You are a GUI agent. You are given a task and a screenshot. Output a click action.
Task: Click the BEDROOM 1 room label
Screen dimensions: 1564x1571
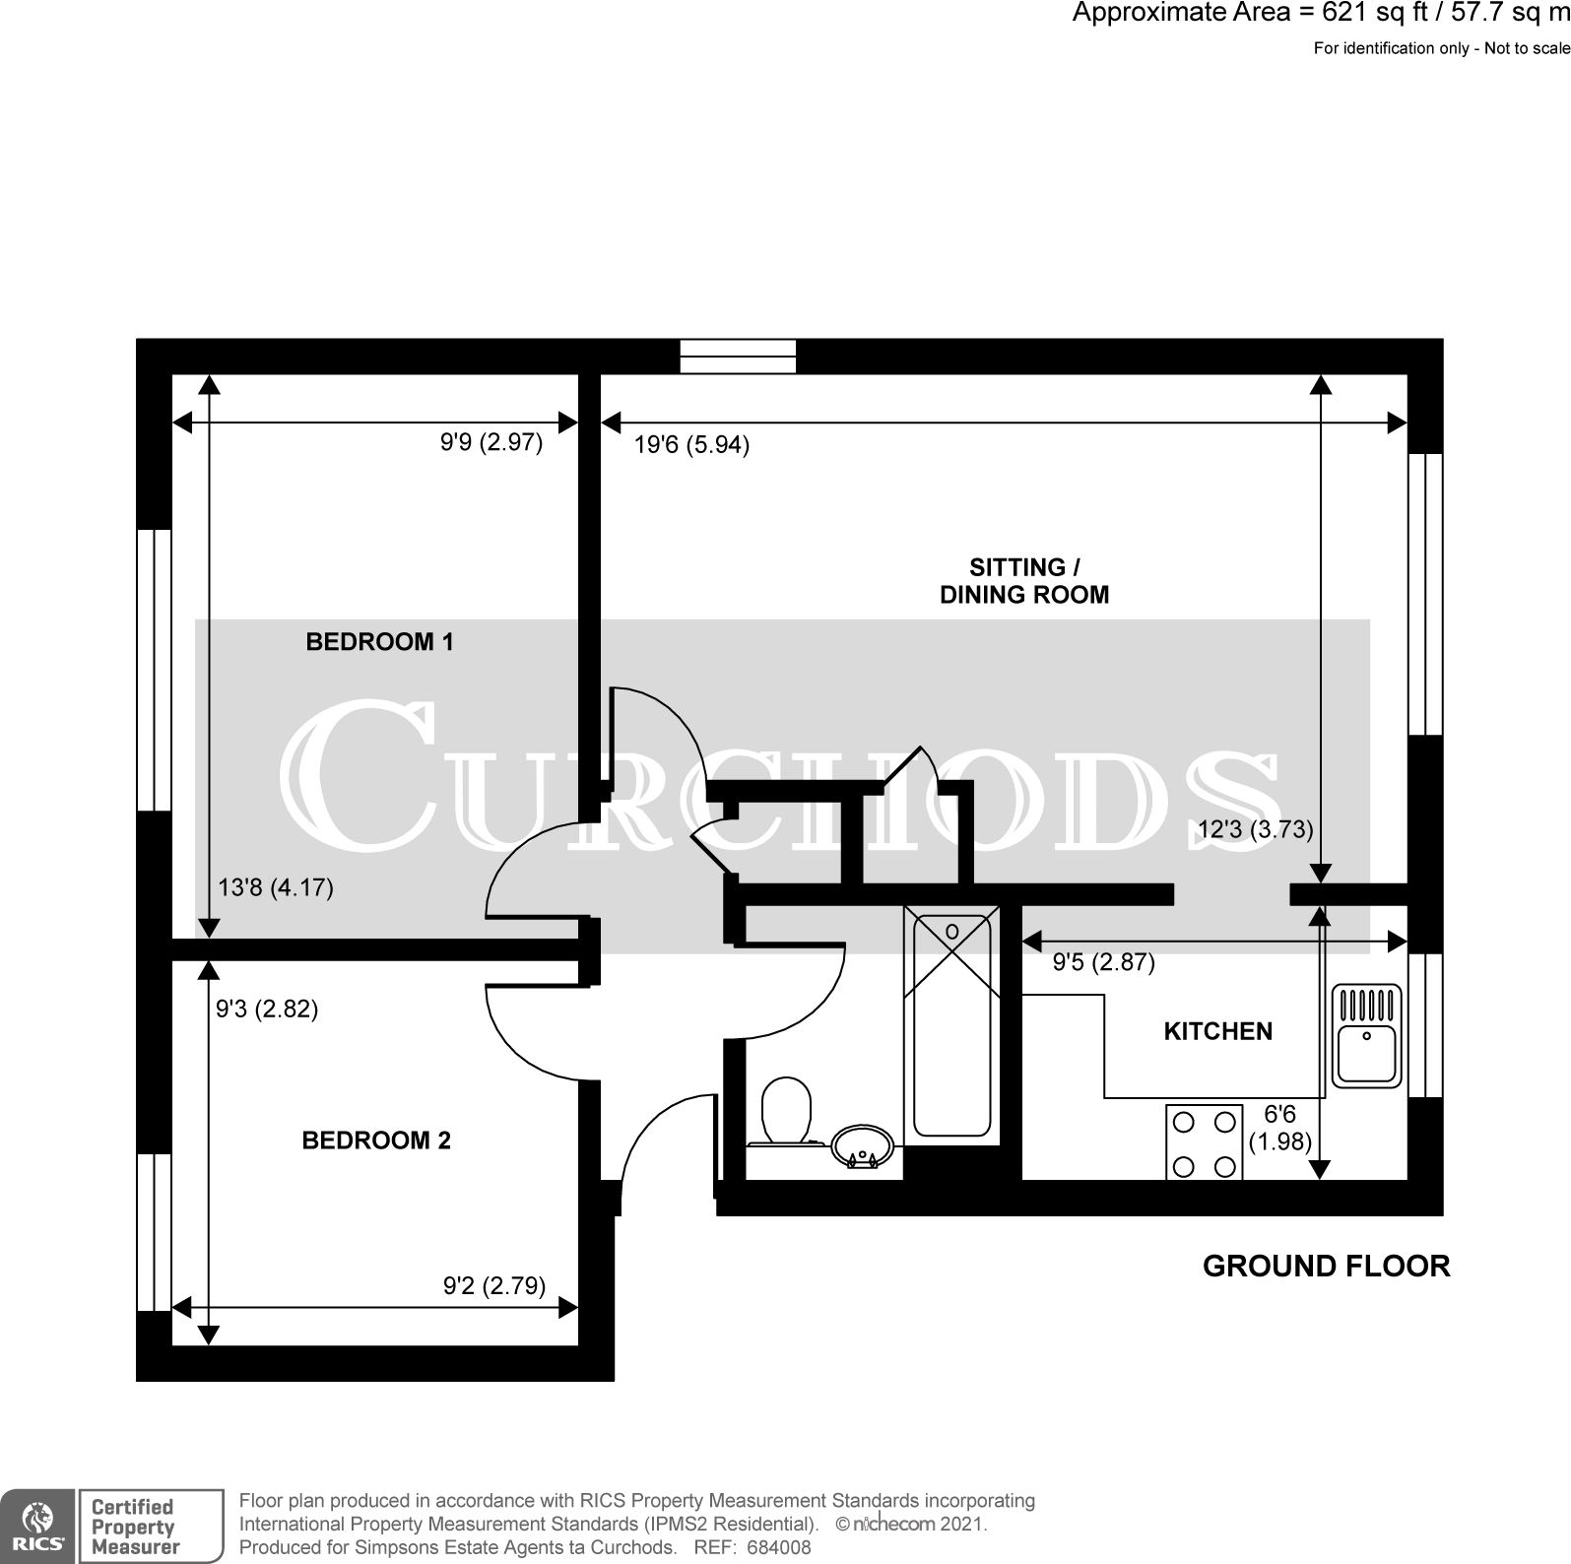tap(379, 642)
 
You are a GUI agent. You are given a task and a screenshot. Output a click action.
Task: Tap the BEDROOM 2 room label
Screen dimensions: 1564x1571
tap(375, 1140)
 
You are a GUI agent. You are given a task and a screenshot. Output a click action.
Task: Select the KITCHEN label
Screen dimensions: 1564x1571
tap(1217, 1031)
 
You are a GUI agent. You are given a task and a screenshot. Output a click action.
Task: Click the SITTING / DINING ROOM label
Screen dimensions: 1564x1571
tap(1023, 581)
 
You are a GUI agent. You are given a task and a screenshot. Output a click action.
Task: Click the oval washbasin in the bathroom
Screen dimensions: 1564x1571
tap(862, 1147)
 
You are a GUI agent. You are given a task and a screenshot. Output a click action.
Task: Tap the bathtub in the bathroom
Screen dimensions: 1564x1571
tap(951, 1024)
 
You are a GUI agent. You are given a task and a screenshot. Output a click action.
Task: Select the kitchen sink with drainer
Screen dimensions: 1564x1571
tap(1366, 1035)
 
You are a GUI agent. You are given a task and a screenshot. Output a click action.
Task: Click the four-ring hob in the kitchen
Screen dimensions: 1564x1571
tap(1204, 1142)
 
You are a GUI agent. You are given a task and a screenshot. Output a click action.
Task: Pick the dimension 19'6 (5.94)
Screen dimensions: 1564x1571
tap(691, 445)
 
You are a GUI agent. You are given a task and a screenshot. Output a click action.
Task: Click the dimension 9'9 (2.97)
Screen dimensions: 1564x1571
tap(491, 442)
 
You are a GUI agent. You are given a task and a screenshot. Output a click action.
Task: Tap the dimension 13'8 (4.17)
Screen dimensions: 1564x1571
tap(275, 888)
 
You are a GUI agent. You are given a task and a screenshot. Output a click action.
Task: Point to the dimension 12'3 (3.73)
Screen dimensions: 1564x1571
tap(1255, 829)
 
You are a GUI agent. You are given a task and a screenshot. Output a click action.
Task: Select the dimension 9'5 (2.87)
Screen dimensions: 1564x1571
tap(1103, 962)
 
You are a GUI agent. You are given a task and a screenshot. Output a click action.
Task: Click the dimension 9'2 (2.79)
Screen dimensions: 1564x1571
tap(494, 1285)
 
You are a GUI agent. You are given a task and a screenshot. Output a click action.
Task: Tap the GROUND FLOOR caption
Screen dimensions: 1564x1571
tap(1326, 1266)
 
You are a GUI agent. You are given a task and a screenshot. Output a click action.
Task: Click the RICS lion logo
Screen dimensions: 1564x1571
tap(37, 1525)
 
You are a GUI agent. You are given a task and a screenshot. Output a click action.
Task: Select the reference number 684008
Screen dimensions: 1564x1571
tap(778, 1547)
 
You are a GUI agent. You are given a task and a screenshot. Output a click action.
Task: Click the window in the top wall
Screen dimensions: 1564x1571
tap(738, 356)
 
